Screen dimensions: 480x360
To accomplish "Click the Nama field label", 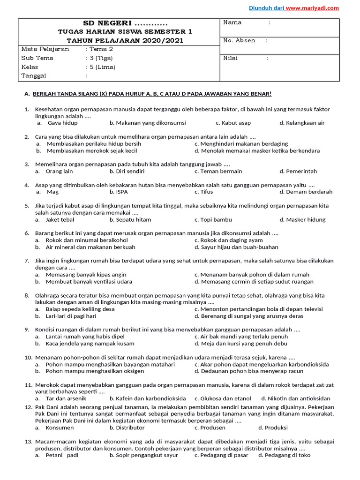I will click(232, 22).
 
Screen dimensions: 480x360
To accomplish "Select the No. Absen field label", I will click(239, 40).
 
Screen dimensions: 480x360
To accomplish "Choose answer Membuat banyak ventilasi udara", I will click(89, 282).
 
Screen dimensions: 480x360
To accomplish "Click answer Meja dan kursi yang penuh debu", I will click(241, 344).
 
